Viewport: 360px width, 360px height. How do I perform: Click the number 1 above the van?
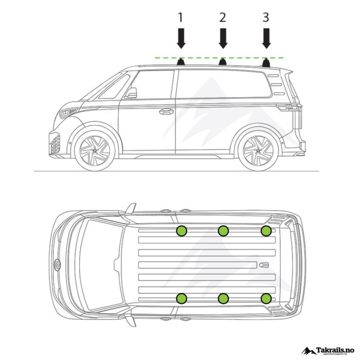pos(181,17)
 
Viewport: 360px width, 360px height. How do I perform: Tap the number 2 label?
pos(223,17)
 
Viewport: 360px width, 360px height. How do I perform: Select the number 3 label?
pos(265,17)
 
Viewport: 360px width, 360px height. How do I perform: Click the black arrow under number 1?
pos(181,39)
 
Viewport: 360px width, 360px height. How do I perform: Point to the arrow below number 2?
pos(223,39)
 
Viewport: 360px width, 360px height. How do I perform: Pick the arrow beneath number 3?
pos(266,39)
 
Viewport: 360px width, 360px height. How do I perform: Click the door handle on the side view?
pos(166,111)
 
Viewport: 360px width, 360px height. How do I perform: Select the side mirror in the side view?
pos(132,93)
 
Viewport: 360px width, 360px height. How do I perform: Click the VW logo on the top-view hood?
pos(57,265)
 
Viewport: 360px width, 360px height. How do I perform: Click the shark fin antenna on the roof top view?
pos(263,265)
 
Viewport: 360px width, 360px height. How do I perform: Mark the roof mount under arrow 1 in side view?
pos(181,62)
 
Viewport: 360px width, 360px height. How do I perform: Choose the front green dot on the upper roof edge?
pos(182,231)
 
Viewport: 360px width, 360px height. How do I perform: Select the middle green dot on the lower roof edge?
pos(223,298)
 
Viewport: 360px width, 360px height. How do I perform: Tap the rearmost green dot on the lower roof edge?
pos(266,298)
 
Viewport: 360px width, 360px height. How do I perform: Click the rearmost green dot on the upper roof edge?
pos(266,231)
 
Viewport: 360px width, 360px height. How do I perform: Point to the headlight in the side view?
pos(68,112)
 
